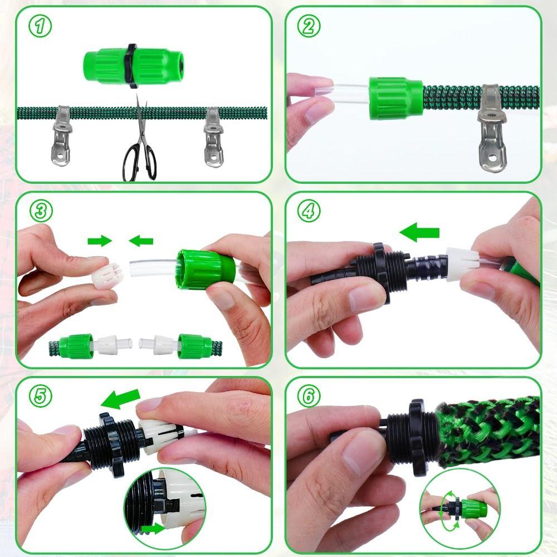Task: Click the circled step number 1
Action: coord(40,26)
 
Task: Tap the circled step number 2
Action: coord(309,26)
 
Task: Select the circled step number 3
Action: coord(41,211)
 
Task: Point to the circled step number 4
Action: coord(309,211)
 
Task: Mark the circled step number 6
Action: coord(309,395)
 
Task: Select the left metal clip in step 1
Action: coord(62,136)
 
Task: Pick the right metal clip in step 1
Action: coord(213,137)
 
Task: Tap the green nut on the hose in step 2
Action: coord(395,98)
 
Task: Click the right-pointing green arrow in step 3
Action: coord(100,241)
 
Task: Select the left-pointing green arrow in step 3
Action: coord(141,241)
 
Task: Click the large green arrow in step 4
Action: coord(419,232)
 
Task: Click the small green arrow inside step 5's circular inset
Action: coord(153,529)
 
